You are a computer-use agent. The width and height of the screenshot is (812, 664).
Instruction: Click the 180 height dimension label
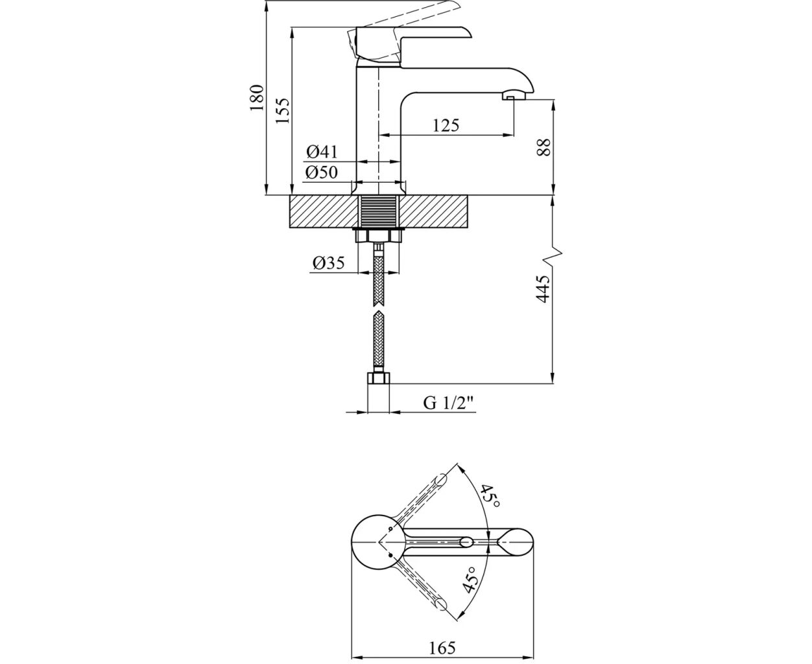pyautogui.click(x=257, y=98)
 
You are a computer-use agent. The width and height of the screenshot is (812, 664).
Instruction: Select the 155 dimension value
pyautogui.click(x=282, y=110)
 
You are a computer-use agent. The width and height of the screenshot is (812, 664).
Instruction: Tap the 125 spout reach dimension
pyautogui.click(x=446, y=125)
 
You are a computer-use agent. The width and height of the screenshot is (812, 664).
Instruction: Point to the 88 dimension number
pyautogui.click(x=543, y=147)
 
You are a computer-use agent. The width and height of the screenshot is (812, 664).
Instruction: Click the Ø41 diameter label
pyautogui.click(x=322, y=152)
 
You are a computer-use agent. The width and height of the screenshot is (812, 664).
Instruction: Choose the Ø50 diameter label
pyautogui.click(x=322, y=172)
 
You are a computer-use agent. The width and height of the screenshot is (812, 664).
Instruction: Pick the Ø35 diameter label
pyautogui.click(x=328, y=263)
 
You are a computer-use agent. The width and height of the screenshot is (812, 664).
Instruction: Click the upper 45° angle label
pyautogui.click(x=490, y=496)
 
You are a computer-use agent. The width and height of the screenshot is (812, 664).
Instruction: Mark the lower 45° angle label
pyautogui.click(x=470, y=580)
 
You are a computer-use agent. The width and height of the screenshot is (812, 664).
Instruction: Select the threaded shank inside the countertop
pyautogui.click(x=379, y=211)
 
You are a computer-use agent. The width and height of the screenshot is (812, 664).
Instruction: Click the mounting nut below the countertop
pyautogui.click(x=379, y=235)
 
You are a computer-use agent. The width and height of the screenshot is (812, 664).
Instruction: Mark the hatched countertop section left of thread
pyautogui.click(x=324, y=211)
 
